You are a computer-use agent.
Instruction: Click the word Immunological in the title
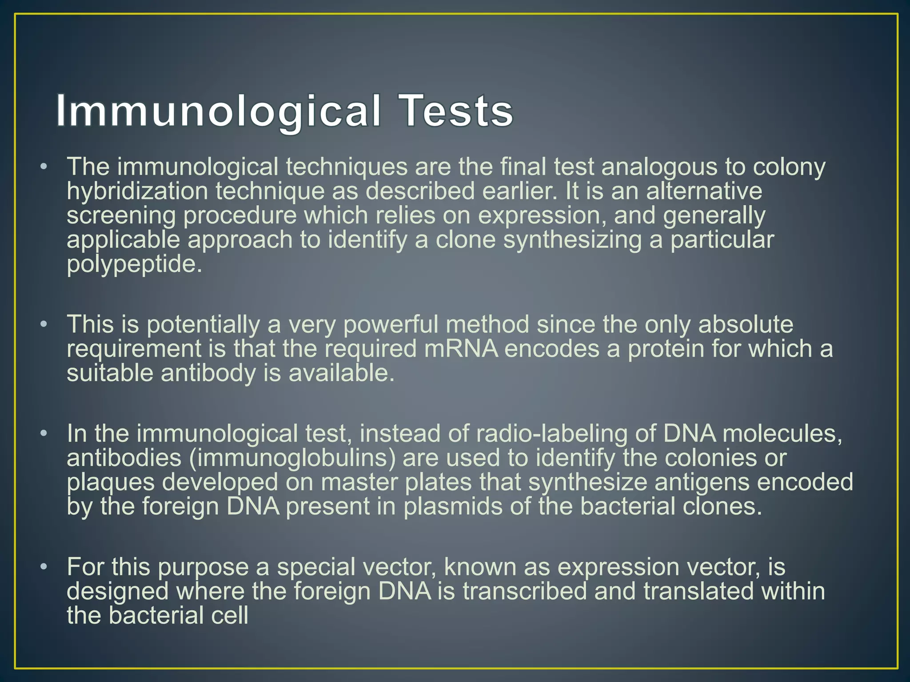[x=218, y=111]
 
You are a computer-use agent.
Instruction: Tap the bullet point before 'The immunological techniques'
[x=43, y=167]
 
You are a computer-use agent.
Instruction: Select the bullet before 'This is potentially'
[x=43, y=325]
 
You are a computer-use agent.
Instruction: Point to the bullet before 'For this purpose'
[x=43, y=567]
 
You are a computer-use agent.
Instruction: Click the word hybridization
[x=137, y=192]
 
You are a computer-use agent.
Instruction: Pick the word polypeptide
[x=134, y=264]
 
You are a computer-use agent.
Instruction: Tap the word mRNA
[x=461, y=349]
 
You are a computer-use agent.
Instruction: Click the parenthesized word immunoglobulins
[x=292, y=458]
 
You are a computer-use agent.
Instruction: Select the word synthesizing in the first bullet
[x=572, y=240]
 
